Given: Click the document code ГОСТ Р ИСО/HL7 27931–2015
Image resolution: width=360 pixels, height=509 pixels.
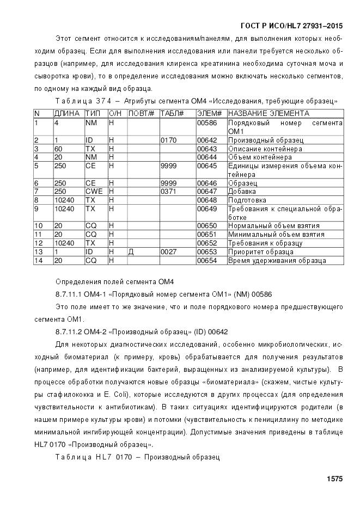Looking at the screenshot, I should (291, 26).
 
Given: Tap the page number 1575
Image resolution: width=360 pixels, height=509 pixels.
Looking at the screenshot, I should (334, 479).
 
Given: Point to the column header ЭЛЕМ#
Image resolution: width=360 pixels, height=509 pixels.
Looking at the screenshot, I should (209, 113).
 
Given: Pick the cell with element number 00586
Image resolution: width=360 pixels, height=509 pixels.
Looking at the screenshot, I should (206, 123).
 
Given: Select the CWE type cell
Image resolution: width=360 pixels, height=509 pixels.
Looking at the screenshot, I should (93, 192).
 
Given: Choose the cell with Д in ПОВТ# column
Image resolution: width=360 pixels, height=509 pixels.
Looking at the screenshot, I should (131, 252).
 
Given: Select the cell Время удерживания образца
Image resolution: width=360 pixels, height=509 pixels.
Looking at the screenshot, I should (277, 261).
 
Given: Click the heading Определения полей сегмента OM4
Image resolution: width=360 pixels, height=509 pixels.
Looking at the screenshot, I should (114, 281).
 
